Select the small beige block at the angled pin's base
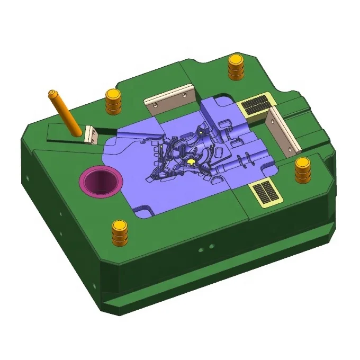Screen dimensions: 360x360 pyautogui.click(x=90, y=134)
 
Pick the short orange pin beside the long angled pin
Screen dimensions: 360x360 pyautogui.click(x=112, y=101)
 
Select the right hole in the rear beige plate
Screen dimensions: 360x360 pyautogui.click(x=184, y=96)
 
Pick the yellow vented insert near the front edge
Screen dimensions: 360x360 pyautogui.click(x=266, y=193)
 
